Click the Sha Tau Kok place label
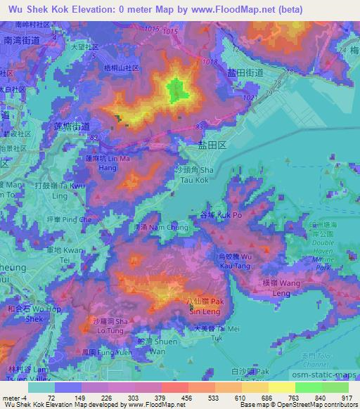[192, 174]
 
